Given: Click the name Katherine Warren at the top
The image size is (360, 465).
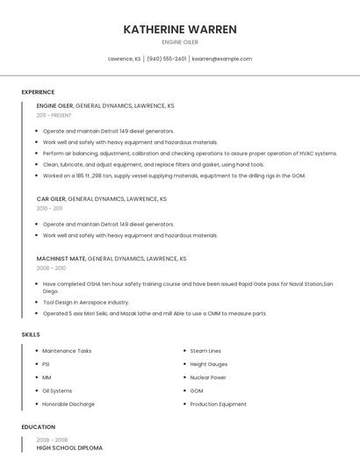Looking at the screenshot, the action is [180, 29].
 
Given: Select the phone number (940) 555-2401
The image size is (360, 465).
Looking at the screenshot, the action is [167, 59].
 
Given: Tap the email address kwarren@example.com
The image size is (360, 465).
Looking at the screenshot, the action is [221, 59].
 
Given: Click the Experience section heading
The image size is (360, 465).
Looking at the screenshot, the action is [38, 92].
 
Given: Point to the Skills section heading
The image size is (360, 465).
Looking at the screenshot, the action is [31, 334].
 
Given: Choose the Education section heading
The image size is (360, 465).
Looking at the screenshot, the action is [38, 427].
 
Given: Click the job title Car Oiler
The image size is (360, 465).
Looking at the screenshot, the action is [51, 199].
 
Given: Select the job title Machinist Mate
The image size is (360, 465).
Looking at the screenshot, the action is [61, 259].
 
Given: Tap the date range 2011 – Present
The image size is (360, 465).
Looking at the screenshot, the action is [54, 115].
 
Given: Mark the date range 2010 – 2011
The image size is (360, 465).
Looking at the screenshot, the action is [49, 209].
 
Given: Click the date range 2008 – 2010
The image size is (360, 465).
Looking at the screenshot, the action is [51, 268].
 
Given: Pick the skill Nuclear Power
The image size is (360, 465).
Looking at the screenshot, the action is [208, 377].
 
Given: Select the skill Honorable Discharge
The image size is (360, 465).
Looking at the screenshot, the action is [68, 404].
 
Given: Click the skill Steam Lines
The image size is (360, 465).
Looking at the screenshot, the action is [205, 351].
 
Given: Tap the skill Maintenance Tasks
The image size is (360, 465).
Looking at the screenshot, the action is [67, 351].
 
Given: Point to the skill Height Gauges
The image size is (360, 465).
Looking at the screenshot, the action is [209, 364].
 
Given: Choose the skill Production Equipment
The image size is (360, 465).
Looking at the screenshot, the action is [218, 404].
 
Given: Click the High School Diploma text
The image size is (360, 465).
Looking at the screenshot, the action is [69, 448].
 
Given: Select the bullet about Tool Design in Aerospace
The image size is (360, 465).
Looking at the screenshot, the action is [86, 302].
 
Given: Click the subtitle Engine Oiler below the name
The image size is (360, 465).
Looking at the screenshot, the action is [180, 42].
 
